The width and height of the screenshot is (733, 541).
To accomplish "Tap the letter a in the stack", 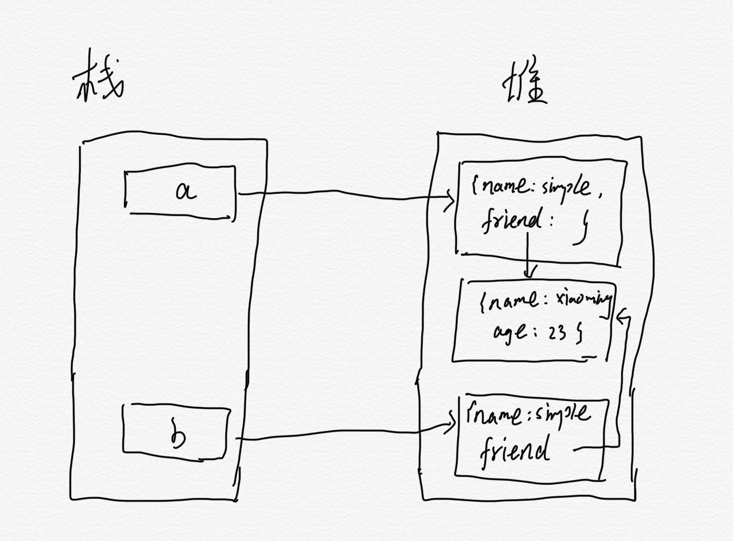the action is [x=185, y=192].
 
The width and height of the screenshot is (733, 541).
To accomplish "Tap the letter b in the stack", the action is [x=178, y=436].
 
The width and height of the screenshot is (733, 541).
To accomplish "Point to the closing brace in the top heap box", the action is [x=581, y=232].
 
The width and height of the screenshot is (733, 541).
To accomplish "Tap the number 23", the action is [x=556, y=333].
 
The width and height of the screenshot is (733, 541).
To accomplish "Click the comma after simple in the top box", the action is [x=600, y=195].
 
